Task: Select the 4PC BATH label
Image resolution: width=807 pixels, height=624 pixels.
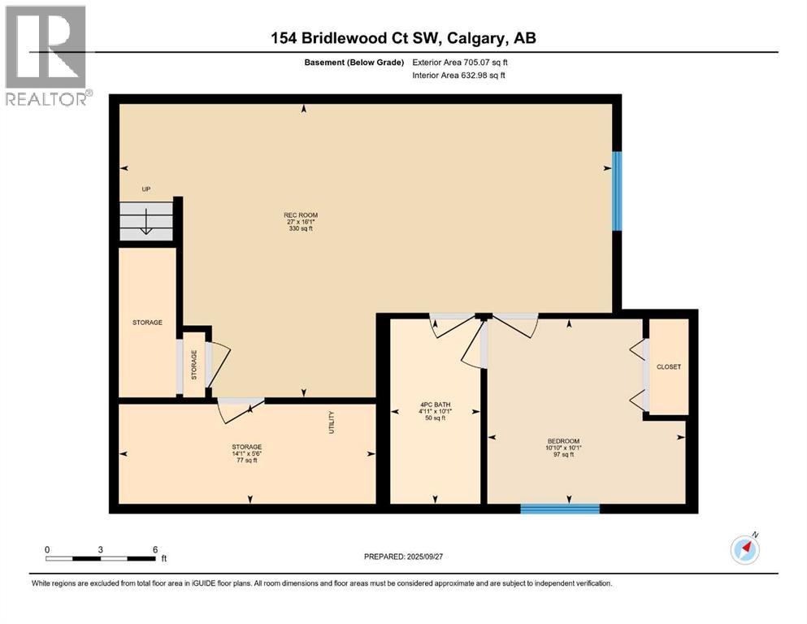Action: (x=435, y=404)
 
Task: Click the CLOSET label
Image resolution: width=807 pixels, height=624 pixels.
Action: (x=668, y=366)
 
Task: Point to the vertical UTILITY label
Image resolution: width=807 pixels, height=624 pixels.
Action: (x=332, y=422)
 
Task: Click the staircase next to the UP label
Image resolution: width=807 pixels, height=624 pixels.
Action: (x=146, y=220)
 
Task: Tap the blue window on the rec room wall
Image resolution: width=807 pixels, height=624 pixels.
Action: (x=617, y=190)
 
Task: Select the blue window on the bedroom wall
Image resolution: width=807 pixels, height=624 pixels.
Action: (x=560, y=509)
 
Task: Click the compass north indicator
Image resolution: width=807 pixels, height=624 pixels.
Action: (x=744, y=549)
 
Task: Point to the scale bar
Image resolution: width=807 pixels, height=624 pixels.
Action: (x=101, y=558)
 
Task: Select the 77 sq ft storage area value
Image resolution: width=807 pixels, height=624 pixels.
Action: (x=246, y=461)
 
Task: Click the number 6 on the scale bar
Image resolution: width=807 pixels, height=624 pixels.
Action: (x=154, y=549)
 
